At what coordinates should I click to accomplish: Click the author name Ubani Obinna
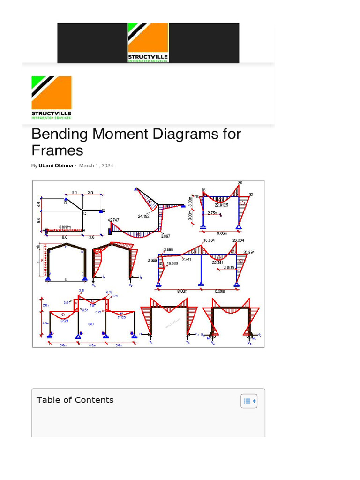tap(55, 165)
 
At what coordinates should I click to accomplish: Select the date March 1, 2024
tap(96, 165)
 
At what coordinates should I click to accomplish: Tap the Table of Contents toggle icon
tap(249, 401)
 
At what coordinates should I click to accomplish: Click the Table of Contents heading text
tap(75, 400)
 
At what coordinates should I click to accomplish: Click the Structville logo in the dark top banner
tap(148, 43)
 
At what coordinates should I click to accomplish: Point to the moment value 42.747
tap(113, 220)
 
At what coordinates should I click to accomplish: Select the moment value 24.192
tap(144, 216)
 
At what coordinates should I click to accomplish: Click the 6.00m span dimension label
tap(222, 233)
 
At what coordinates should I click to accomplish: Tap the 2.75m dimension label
tap(212, 213)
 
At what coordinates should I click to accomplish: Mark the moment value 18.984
tap(209, 240)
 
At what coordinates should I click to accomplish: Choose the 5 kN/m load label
tap(65, 227)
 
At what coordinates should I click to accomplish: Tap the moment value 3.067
tap(166, 236)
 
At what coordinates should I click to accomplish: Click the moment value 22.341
tap(218, 262)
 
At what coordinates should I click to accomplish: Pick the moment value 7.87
tap(93, 305)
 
